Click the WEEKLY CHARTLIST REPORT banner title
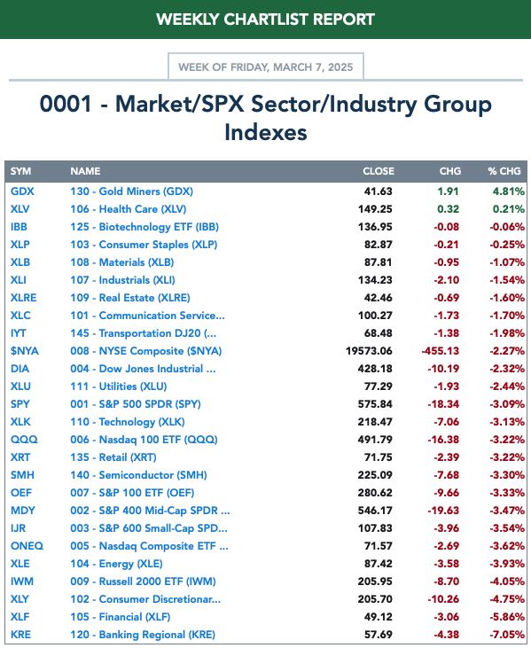coord(265,20)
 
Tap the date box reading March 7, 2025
coord(266,66)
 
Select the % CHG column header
coord(504,171)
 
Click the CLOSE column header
coord(379,171)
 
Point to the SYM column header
coord(20,171)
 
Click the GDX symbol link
coord(22,191)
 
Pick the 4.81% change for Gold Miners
coord(508,191)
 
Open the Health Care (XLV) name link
coord(129,209)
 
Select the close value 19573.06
coord(369,351)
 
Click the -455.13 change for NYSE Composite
coord(440,351)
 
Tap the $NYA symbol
coord(25,351)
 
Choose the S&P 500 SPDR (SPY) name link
coord(136,404)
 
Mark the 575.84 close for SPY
coord(375,404)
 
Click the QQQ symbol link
coord(24,440)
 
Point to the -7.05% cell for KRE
coord(507,635)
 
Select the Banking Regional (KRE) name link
coord(143,635)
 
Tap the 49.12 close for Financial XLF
coord(379,617)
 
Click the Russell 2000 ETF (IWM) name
coord(143,582)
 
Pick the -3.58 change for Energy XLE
coord(446,564)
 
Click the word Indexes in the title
coord(266,132)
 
